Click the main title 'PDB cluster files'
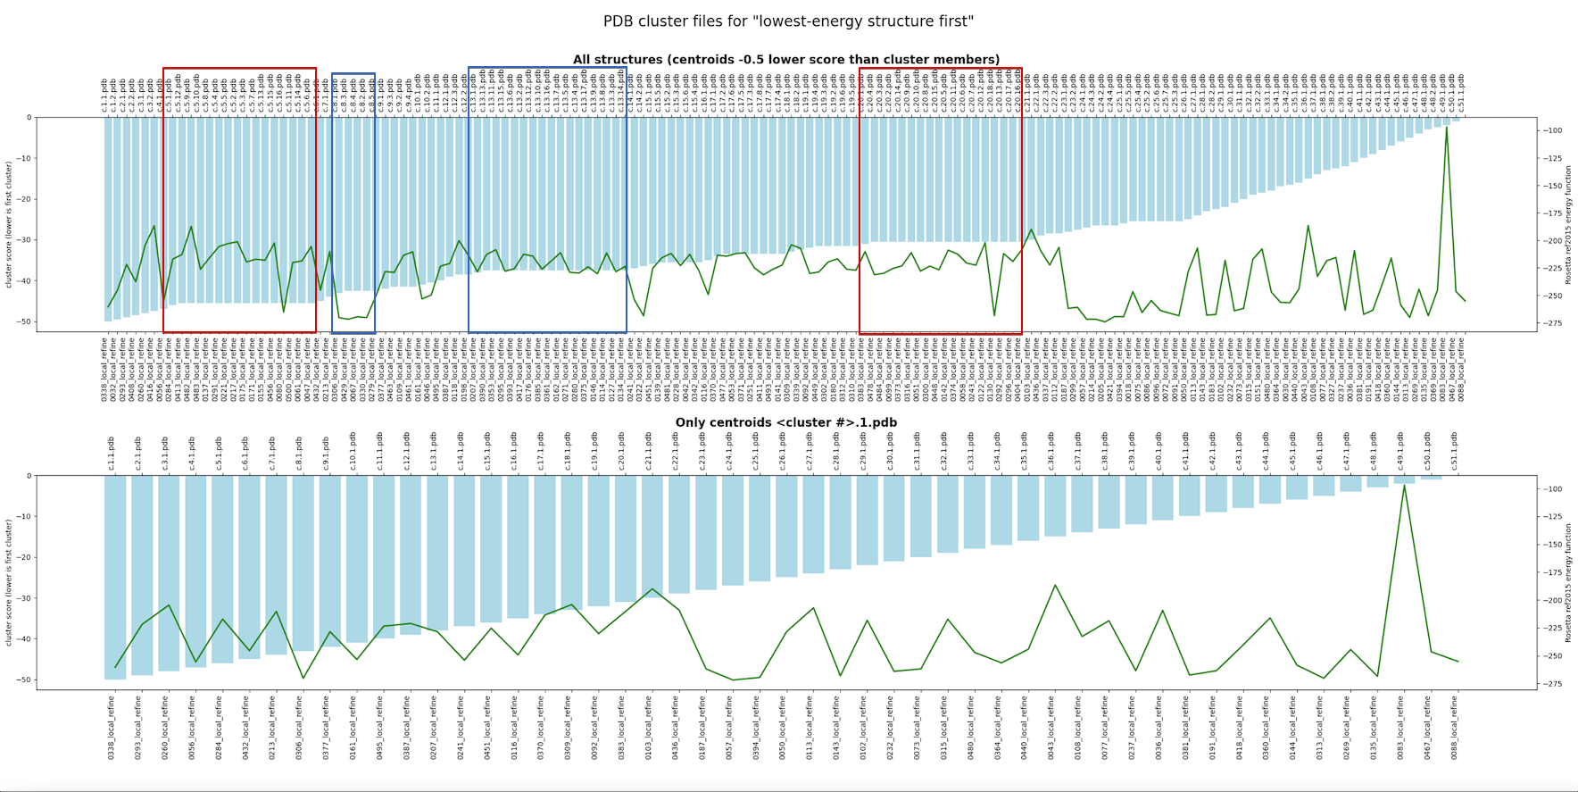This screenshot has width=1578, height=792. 788,21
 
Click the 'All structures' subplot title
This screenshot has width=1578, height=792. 785,60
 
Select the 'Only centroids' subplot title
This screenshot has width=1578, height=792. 785,422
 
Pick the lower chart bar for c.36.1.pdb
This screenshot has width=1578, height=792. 1055,505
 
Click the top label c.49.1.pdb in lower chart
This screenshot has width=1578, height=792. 1401,452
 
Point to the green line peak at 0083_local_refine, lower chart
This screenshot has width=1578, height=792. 1404,486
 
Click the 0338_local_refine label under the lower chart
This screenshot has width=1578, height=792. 112,728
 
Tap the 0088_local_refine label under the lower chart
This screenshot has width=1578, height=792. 1455,728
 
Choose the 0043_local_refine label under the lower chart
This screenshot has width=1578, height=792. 1051,728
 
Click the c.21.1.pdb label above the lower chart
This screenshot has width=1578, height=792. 649,452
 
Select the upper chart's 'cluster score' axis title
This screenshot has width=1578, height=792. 9,224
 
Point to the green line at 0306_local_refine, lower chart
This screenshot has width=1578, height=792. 303,678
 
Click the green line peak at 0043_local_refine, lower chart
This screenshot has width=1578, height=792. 1055,586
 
